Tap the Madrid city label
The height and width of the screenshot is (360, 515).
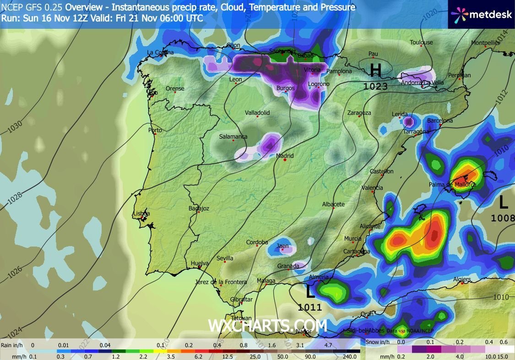pos(285,156)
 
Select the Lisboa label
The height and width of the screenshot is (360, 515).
pos(141,214)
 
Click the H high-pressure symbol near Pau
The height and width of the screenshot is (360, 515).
pos(375,70)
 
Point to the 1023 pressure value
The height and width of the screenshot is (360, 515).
pos(376,86)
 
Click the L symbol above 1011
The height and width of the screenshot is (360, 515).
pos(310,291)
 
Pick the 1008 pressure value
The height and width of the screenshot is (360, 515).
pos(503,218)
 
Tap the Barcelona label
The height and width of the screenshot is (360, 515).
pos(440,121)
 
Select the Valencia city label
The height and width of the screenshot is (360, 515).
pos(372,188)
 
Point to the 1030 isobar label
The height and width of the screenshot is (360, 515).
pos(14,127)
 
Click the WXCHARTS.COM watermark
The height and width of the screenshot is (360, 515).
pos(267,326)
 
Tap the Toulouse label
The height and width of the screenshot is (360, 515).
pos(421,43)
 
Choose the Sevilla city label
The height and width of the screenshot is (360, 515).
pos(225,258)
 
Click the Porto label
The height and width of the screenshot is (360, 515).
pos(155,130)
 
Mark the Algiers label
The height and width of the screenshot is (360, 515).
pos(461,279)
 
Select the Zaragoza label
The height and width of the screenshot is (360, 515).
pos(359,113)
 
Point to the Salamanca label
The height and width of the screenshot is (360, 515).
pos(233,137)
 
